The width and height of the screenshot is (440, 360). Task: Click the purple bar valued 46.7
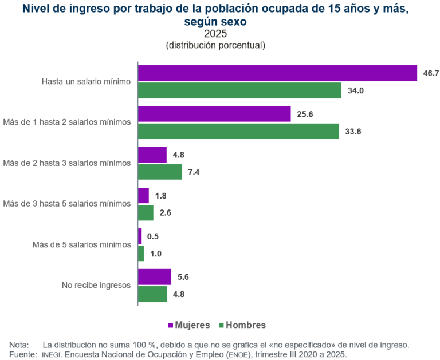277,73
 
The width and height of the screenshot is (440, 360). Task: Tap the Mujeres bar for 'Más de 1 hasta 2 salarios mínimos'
214,114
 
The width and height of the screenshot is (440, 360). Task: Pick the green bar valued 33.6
238,131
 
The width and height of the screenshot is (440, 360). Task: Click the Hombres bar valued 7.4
160,172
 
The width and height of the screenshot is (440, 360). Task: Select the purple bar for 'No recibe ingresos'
155,276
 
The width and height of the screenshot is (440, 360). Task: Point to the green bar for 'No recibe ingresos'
152,294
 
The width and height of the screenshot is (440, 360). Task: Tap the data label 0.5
153,236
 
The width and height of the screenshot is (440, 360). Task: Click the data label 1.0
155,254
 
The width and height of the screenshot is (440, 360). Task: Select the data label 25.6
305,114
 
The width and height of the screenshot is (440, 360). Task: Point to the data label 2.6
165,213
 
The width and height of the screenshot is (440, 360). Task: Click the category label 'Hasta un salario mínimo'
86,81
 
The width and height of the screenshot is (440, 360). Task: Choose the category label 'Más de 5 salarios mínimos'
81,244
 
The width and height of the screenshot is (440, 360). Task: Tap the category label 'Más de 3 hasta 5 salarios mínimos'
67,203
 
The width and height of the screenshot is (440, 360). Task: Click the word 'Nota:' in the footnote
19,345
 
